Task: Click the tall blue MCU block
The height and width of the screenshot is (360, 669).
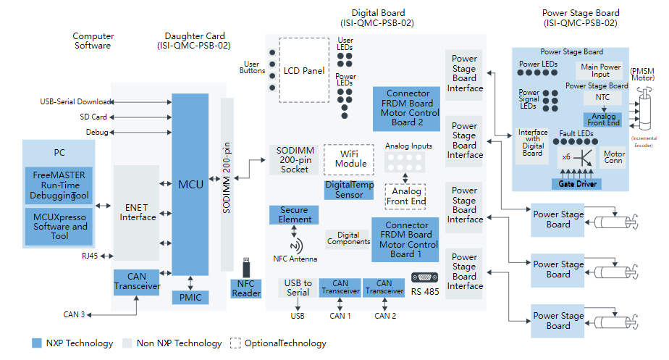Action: point(190,185)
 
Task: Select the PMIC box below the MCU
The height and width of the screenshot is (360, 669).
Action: point(190,297)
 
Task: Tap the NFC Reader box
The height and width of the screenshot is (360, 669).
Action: point(245,288)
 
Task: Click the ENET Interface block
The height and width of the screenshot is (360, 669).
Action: point(138,212)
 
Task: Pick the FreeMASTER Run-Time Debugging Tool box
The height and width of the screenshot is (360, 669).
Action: point(59,185)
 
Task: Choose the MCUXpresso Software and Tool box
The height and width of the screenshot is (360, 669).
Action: point(59,226)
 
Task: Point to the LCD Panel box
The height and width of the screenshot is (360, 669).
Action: point(304,71)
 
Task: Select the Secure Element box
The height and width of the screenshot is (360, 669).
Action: point(294,215)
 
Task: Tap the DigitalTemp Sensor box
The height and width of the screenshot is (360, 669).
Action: point(349,190)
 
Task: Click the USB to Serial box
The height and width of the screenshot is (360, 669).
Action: point(298,288)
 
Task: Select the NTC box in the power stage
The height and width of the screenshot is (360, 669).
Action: point(602,97)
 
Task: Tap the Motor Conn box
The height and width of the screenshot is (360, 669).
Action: point(614,158)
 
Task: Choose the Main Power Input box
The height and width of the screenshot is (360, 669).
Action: point(601,70)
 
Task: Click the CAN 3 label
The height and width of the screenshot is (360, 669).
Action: point(74,314)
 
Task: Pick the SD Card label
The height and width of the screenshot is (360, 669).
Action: point(93,117)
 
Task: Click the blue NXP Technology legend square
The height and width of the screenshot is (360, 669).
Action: point(37,343)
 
